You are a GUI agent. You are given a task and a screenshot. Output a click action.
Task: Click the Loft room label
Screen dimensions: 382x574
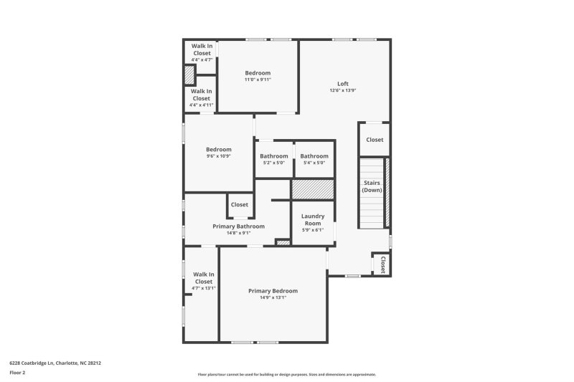pos(343,83)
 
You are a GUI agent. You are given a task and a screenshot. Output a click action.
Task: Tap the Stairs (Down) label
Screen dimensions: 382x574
pos(372,186)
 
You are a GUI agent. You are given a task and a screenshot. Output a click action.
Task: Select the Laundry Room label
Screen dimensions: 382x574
pos(313,219)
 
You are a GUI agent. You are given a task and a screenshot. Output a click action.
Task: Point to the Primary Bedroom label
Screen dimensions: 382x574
pos(273,290)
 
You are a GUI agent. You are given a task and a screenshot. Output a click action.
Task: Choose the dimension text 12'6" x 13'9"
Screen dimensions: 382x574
pos(343,90)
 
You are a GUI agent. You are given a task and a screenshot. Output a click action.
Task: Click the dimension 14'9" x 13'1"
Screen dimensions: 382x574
pos(273,297)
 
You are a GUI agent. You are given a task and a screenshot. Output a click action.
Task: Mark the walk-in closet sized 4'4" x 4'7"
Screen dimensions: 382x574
pos(201,52)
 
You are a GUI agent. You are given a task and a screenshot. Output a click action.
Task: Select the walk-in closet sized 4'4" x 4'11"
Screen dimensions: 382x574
pos(201,97)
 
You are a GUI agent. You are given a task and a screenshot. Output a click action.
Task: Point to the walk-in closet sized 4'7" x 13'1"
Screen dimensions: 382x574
pos(203,281)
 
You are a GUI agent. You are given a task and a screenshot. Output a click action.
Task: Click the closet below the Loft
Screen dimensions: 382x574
pos(375,140)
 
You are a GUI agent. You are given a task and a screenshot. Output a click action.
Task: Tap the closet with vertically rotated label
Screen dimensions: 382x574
pos(382,264)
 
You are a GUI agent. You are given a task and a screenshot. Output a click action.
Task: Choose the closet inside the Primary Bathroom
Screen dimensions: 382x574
pos(240,205)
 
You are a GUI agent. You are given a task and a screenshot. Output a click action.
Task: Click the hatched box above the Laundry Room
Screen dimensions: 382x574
pos(313,190)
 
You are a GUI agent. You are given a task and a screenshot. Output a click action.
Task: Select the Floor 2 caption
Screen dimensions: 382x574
pos(17,373)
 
